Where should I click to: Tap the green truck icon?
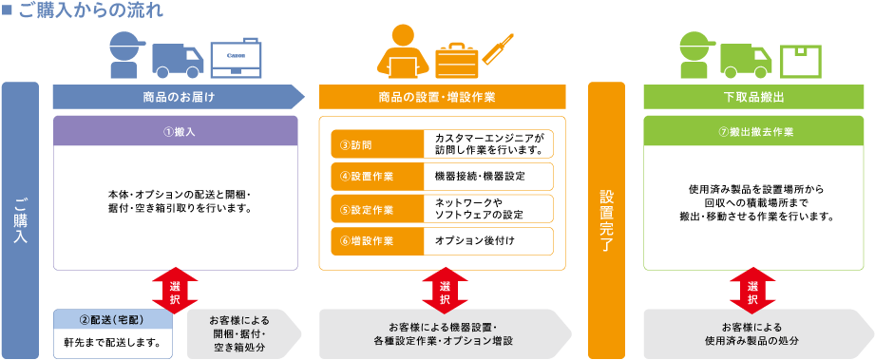coord(746,58)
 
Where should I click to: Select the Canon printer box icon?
coord(236,57)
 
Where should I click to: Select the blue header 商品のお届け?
coord(178,96)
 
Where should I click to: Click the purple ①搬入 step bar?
coord(178,131)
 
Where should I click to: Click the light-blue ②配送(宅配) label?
coord(113,319)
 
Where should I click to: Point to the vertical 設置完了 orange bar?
coord(609,219)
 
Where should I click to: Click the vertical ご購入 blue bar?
coord(20,219)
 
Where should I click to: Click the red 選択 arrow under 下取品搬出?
coord(753,287)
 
